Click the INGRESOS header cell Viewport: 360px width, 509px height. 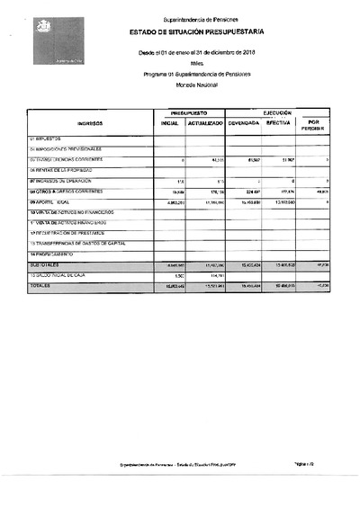[91, 123]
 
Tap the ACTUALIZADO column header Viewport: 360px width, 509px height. [205, 123]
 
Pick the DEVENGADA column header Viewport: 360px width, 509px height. [243, 123]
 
